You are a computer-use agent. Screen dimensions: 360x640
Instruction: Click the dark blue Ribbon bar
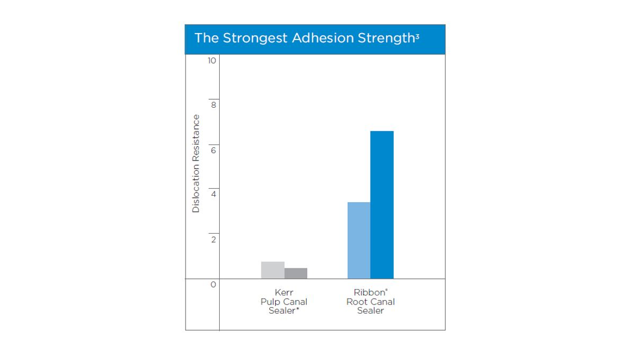[x=382, y=204]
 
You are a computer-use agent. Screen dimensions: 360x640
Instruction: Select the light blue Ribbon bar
[x=359, y=240]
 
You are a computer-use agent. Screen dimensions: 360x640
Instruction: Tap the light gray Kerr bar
[x=273, y=270]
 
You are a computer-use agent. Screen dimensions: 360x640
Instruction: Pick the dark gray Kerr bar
[x=295, y=273]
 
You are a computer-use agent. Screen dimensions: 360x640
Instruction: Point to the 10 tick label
[x=212, y=61]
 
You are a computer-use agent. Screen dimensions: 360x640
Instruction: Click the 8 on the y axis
[x=213, y=106]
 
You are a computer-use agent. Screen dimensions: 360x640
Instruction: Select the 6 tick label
[x=213, y=150]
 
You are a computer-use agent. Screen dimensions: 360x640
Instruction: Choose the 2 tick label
[x=213, y=240]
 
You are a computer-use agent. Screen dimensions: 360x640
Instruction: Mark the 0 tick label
[x=213, y=285]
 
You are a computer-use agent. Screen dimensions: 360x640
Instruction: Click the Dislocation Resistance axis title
[x=196, y=164]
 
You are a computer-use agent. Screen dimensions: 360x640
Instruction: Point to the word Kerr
[x=284, y=292]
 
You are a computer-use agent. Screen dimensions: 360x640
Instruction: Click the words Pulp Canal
[x=284, y=301]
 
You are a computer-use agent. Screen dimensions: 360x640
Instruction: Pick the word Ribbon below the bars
[x=369, y=292]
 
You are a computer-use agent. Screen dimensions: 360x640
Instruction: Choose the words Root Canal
[x=371, y=301]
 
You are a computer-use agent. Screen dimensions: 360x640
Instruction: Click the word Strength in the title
[x=380, y=38]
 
